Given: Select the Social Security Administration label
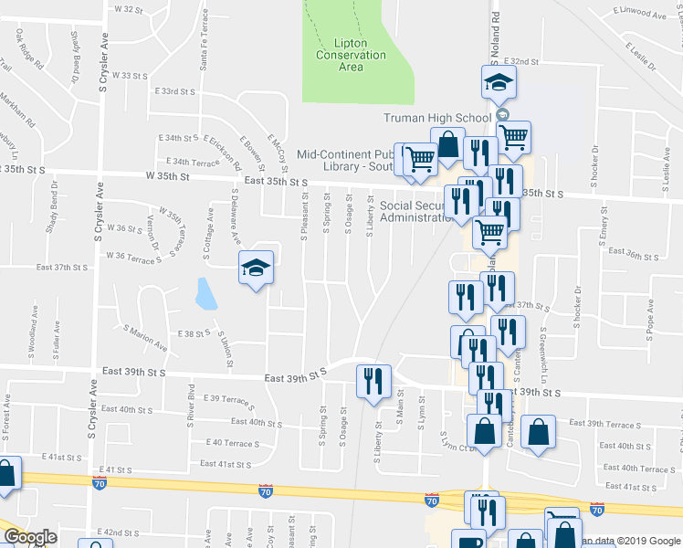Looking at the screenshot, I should pos(415,212).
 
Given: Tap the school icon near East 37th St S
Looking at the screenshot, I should pos(257,269).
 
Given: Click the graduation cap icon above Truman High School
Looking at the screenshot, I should pos(499,84).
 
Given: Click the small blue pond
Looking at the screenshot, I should pos(205,294).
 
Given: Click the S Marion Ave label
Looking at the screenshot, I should pos(146,338).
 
